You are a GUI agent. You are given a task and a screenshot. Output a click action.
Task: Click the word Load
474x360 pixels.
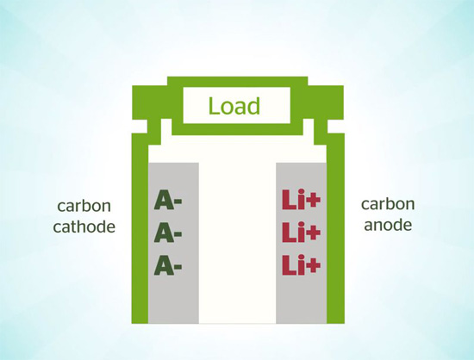coord(234,106)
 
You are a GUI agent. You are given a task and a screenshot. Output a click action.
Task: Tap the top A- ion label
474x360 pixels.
coord(168,200)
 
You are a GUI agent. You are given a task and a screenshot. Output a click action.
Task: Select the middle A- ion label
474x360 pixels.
coord(168,233)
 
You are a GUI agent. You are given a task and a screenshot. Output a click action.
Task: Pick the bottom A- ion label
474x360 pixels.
coord(168,265)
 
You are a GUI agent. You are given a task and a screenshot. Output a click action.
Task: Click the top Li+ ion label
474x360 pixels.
coord(301,199)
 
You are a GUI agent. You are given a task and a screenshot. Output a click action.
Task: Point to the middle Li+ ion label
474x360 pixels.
coord(301,232)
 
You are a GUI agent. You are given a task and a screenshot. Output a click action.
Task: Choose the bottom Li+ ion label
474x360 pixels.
coord(301,265)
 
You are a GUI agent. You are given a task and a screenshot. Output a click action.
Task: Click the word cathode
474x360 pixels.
coord(84,227)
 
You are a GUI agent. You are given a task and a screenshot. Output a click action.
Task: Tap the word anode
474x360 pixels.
coord(388,225)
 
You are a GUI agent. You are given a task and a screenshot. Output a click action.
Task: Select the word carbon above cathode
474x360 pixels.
coord(84,206)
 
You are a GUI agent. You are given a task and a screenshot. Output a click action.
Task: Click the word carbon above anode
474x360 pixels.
coord(388,204)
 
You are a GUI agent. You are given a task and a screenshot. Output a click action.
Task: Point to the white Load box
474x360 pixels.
coord(237,105)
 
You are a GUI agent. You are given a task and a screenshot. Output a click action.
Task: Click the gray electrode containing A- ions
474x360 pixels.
coord(173,243)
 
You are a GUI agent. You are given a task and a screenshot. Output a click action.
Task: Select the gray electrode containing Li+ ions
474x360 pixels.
coord(301,243)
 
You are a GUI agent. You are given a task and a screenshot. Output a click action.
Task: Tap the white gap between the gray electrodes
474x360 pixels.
coord(237,243)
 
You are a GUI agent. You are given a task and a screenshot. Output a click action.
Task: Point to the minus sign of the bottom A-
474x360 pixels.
coord(178,267)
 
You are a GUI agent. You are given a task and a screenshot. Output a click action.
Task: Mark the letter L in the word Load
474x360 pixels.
coord(214,106)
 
